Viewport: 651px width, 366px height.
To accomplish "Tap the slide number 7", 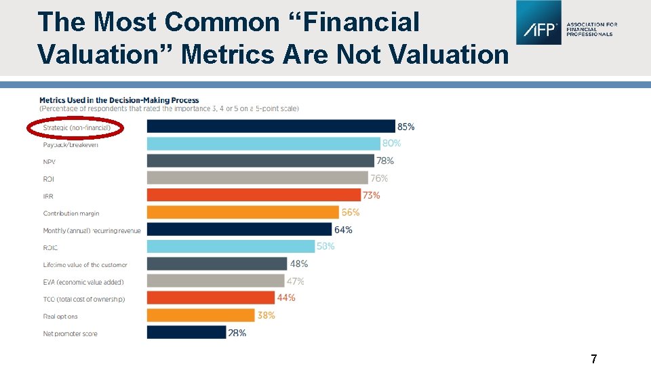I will (x=593, y=359).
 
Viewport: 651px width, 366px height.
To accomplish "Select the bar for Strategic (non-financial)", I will (x=271, y=126).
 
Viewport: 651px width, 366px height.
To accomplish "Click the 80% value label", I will (x=391, y=144).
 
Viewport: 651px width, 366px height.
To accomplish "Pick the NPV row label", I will (x=50, y=162).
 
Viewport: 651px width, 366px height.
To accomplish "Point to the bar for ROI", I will (x=258, y=178).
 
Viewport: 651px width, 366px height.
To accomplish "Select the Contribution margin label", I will (x=71, y=213).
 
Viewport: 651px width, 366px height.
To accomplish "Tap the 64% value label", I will (x=343, y=230).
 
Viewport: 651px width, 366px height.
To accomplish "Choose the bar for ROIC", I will (x=231, y=247).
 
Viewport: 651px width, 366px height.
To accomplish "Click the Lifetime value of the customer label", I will (x=85, y=265).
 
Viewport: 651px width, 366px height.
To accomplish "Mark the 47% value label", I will (x=295, y=281).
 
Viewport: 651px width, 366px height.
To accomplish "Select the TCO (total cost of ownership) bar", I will (x=210, y=298).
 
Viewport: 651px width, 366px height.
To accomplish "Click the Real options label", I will (x=60, y=317).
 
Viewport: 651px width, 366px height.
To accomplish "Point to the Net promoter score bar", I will (x=186, y=332).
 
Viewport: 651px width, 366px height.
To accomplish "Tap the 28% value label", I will (x=237, y=333).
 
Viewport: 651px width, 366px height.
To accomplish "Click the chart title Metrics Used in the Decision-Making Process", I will (x=119, y=100).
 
